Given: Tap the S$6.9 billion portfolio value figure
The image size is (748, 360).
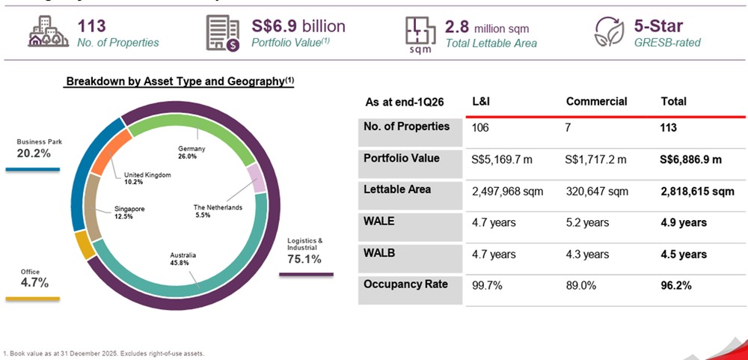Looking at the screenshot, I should pos(298,26).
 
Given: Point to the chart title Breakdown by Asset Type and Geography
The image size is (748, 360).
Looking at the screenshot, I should pos(180,82).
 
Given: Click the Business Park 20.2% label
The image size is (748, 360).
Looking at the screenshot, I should pos(34,149).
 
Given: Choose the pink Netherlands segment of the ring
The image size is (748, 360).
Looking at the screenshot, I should pos(257,178).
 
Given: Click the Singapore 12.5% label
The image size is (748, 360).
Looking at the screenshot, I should pos(129,212).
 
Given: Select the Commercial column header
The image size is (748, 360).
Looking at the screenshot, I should pos(596,101).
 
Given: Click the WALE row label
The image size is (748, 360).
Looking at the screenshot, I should pos(380,222).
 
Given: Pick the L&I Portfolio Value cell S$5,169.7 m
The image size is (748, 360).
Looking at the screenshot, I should pos(506,159).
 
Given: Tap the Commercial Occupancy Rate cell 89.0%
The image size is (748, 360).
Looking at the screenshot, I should pos(581,285).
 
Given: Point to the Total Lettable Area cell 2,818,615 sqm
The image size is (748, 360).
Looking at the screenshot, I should pos(697,191).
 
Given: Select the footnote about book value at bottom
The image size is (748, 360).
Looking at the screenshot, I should pos(104,353).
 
